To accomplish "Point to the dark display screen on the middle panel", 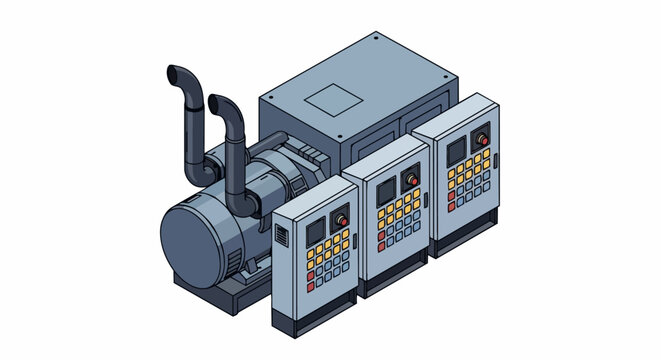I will (386, 193).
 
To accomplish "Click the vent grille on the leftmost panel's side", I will (282, 238).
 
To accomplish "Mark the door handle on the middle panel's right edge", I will (425, 200).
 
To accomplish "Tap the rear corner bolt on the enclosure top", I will (374, 41).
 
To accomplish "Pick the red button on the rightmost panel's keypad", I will (452, 206).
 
